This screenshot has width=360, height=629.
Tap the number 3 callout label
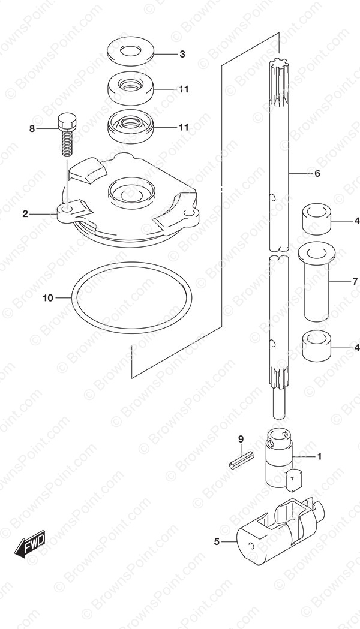pyautogui.click(x=182, y=54)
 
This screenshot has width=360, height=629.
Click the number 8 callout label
pyautogui.click(x=32, y=129)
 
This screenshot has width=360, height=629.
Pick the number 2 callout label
pyautogui.click(x=26, y=214)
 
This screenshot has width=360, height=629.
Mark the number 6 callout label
pyautogui.click(x=316, y=174)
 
